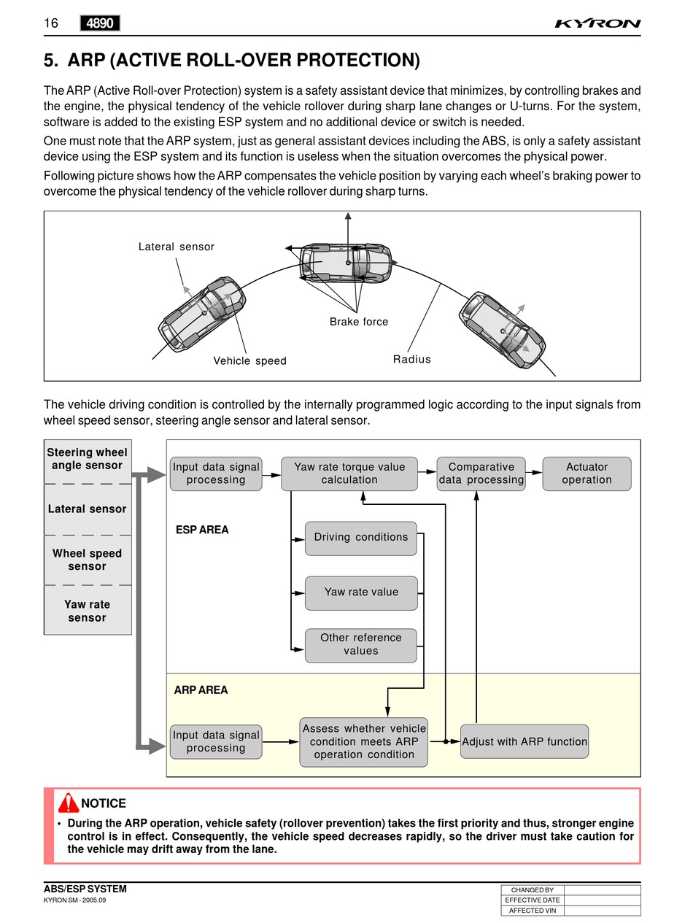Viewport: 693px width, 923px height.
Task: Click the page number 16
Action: [51, 23]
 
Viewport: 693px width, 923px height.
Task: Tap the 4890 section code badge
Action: [100, 23]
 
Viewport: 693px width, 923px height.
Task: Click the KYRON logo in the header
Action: [597, 23]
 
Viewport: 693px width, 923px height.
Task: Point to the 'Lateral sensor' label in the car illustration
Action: [177, 247]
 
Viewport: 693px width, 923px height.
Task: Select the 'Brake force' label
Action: [359, 322]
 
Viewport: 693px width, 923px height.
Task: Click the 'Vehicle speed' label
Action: [249, 360]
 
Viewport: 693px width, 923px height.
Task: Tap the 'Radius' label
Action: [412, 359]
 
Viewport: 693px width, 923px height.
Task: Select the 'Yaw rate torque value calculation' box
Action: [349, 474]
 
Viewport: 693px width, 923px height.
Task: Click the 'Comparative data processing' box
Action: [481, 474]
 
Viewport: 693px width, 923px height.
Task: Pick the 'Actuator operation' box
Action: [586, 474]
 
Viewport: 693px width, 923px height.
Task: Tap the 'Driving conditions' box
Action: [361, 538]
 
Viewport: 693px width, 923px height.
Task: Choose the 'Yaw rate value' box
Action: [361, 592]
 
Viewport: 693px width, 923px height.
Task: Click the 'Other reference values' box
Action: [361, 645]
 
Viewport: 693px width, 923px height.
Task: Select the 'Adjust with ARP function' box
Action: [524, 741]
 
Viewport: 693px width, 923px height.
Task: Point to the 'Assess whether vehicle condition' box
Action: [363, 741]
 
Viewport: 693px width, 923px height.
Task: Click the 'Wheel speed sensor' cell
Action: [88, 560]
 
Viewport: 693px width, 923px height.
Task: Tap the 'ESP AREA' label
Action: [202, 530]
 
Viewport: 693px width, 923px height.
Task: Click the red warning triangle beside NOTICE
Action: [69, 803]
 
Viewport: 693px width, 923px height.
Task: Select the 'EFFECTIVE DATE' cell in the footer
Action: [533, 900]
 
